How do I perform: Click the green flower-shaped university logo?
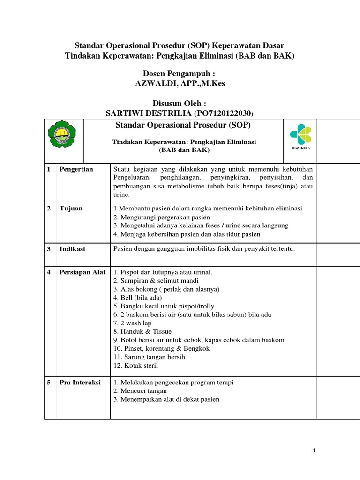(62, 136)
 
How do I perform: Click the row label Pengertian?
(76, 169)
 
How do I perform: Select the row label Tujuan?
(71, 209)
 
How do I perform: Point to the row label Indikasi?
(72, 249)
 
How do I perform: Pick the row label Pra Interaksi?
(80, 382)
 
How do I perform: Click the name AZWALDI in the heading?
(152, 83)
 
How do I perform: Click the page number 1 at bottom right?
(315, 451)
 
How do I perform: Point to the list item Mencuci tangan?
(140, 391)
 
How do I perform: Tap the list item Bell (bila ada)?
(137, 298)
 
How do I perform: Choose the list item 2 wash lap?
(133, 323)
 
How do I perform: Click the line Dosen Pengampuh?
(180, 74)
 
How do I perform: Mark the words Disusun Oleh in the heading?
(180, 104)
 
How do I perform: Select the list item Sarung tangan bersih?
(149, 357)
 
